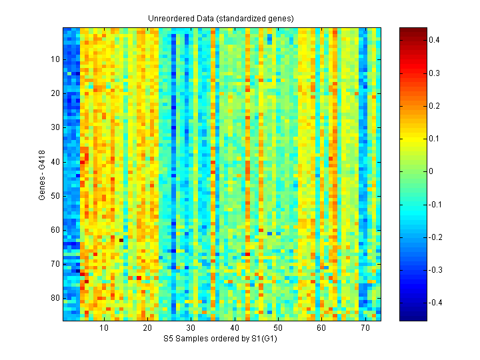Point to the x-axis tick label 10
[x=104, y=328]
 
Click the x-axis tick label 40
[x=234, y=328]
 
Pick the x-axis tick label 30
[x=191, y=328]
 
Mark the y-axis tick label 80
[x=55, y=297]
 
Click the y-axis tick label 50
[x=55, y=195]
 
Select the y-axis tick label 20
[x=55, y=93]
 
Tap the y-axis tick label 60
[x=55, y=229]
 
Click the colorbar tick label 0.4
[x=433, y=40]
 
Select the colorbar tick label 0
[x=431, y=171]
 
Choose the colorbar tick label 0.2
[x=433, y=105]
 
